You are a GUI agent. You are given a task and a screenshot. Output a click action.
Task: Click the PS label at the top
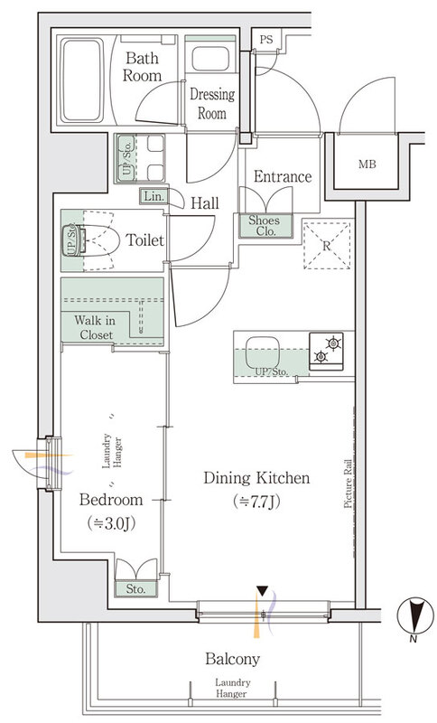[266, 40]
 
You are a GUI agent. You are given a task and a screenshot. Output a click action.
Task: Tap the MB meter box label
[367, 164]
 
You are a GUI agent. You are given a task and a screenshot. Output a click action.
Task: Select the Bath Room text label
[143, 67]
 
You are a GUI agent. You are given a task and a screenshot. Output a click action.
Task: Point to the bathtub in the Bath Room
[83, 80]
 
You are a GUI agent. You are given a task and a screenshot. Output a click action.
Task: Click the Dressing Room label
[212, 103]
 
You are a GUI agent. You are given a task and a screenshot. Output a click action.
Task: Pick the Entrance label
[283, 176]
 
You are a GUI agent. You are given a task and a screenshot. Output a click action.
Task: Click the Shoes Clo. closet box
[265, 226]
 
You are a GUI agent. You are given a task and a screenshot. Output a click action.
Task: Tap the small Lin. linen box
[153, 196]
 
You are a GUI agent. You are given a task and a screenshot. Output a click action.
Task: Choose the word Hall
[205, 202]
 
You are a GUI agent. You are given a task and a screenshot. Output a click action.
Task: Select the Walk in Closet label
[96, 327]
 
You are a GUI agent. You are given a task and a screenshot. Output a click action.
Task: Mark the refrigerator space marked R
[327, 245]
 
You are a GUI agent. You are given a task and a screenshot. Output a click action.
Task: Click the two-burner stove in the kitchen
[326, 351]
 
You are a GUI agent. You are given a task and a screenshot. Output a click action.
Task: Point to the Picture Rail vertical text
[349, 484]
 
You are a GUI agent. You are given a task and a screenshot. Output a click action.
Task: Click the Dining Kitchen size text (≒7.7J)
[257, 502]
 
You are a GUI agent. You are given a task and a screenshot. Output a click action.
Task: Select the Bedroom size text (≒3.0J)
[111, 523]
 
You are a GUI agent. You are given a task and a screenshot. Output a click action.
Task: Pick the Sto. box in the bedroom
[135, 589]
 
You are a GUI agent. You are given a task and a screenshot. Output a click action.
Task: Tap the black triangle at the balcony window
[262, 591]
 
